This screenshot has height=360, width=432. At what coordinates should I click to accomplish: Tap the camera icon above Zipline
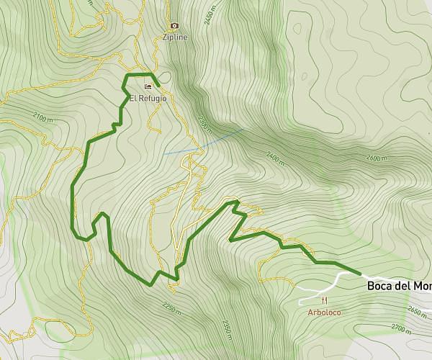click(x=174, y=25)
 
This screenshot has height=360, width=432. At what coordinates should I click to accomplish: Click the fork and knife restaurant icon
click(x=325, y=301)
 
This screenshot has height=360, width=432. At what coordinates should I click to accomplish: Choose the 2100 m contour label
click(x=43, y=118)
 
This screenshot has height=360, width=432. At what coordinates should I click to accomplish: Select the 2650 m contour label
click(x=417, y=310)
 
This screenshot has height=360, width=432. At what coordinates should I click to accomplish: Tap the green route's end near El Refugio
click(x=157, y=85)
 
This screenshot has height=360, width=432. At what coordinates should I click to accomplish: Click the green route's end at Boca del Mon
click(x=359, y=274)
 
